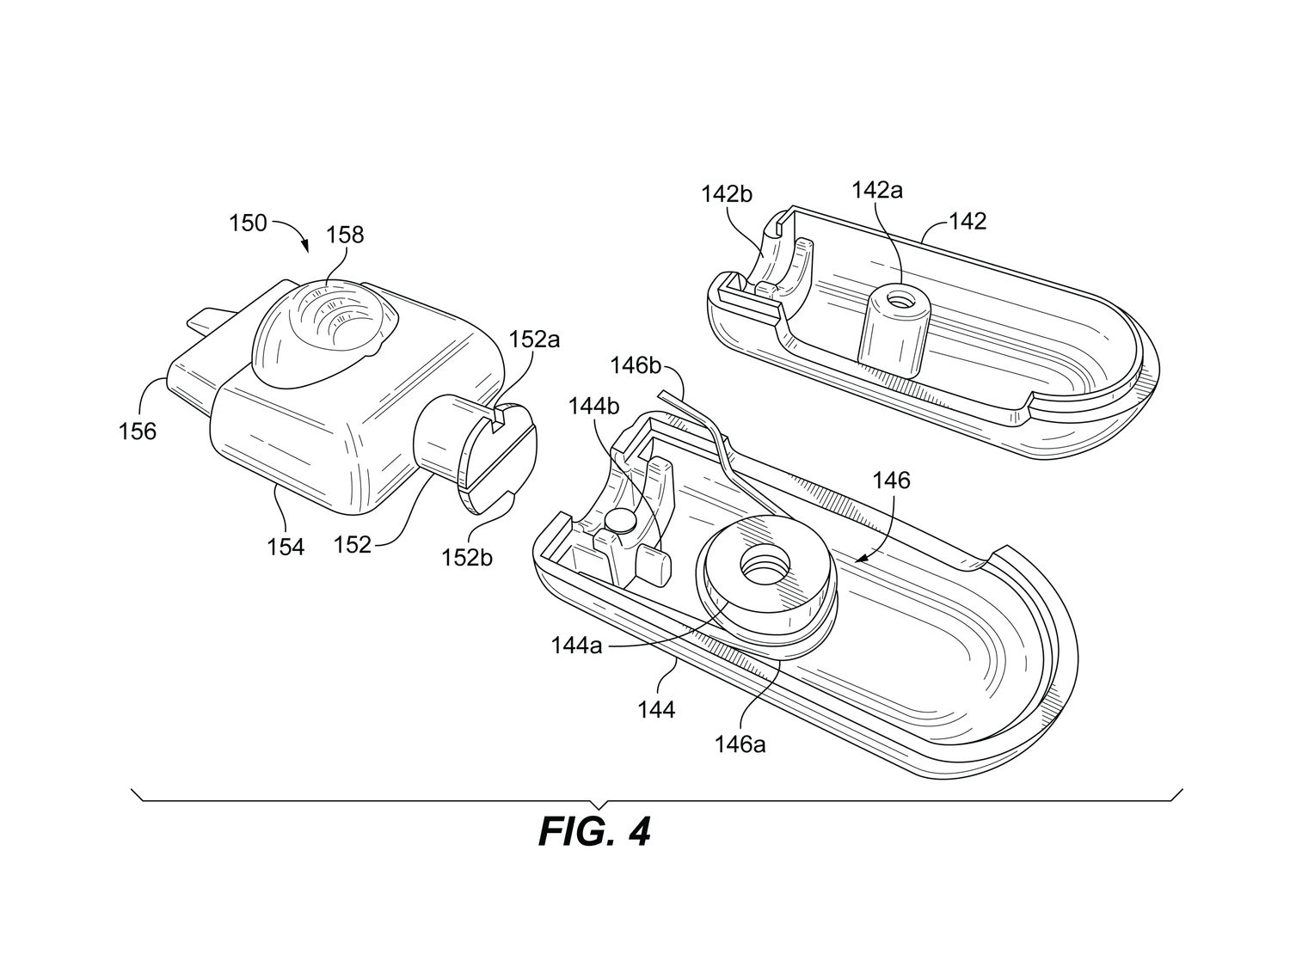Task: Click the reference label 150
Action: (x=248, y=223)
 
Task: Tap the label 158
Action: (x=345, y=234)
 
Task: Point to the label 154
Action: (x=286, y=546)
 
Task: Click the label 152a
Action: (x=533, y=339)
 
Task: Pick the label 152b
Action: (x=468, y=557)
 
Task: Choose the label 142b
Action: (x=727, y=194)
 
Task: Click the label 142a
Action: (x=877, y=190)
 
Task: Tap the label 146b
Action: (x=636, y=365)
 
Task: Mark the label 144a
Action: (x=576, y=643)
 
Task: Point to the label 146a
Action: (x=740, y=744)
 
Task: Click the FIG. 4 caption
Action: (x=594, y=831)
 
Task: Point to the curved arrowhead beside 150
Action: (x=308, y=246)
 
